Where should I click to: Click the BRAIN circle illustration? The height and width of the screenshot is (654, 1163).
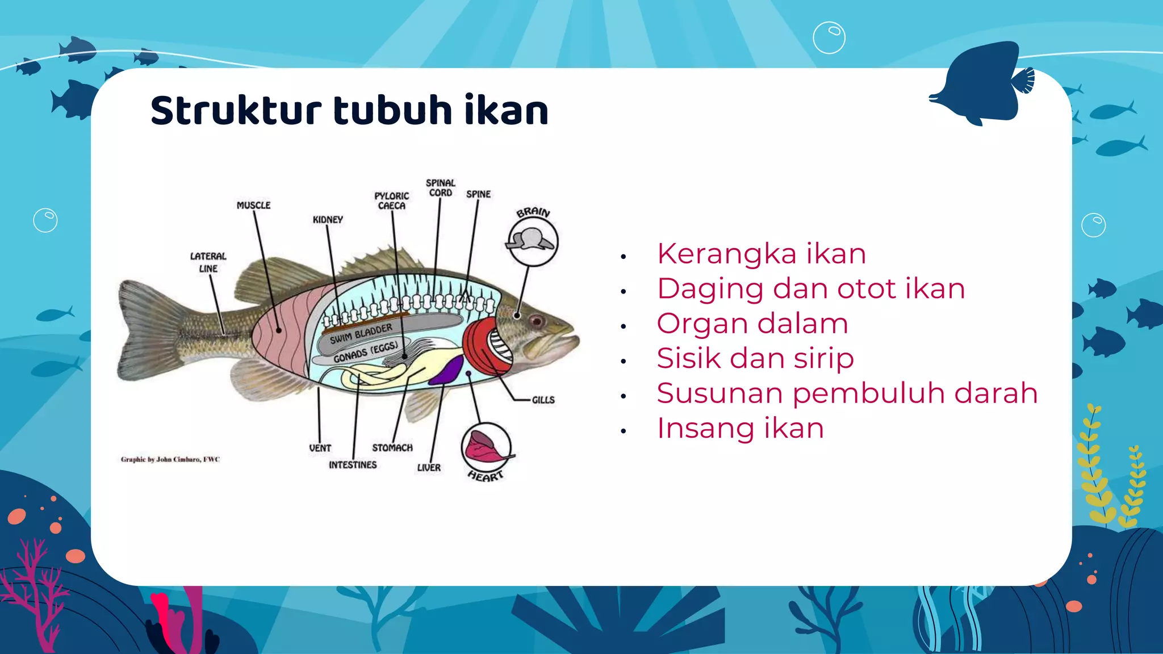(x=532, y=241)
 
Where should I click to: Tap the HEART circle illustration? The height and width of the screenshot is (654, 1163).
(x=486, y=447)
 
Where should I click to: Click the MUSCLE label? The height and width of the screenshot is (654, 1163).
(x=253, y=205)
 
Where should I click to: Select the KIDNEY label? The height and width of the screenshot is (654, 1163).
(x=328, y=220)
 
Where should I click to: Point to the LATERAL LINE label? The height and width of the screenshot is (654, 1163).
(x=208, y=262)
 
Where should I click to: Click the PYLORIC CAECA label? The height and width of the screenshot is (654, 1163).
(x=391, y=200)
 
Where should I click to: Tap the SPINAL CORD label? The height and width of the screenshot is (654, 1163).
(x=440, y=188)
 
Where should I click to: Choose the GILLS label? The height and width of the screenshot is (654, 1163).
(x=543, y=400)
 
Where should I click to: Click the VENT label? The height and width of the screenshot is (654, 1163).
(x=320, y=448)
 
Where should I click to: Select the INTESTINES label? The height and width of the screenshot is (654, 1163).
(x=353, y=465)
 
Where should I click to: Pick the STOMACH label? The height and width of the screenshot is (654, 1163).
(x=392, y=448)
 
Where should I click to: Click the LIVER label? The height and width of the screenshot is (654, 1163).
(x=429, y=468)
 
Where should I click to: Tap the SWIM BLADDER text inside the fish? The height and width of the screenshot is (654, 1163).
(x=361, y=334)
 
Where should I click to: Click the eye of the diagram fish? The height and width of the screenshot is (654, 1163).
(x=536, y=322)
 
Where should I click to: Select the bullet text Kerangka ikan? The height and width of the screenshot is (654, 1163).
(x=761, y=254)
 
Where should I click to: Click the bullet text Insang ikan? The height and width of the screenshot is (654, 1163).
(x=740, y=428)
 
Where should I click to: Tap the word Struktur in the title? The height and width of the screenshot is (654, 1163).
(x=236, y=111)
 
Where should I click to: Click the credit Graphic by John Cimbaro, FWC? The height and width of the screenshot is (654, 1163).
(x=170, y=459)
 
